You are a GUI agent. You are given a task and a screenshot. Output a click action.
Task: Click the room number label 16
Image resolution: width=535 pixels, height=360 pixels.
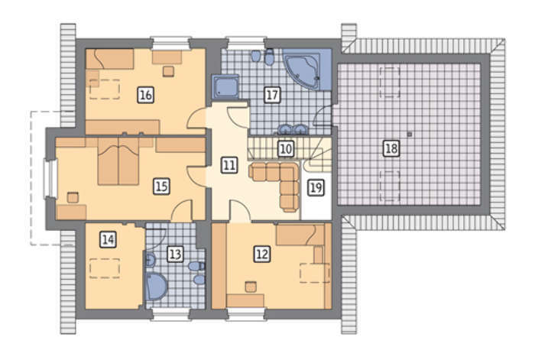(146, 95)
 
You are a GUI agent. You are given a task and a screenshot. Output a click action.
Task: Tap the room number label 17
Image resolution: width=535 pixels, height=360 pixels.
(272, 95)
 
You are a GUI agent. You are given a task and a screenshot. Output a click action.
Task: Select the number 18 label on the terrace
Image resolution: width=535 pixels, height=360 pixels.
(391, 148)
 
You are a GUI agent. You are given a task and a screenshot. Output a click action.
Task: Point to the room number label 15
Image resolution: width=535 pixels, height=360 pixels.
(161, 186)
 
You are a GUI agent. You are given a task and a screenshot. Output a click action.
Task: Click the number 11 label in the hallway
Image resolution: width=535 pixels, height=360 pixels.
(229, 165)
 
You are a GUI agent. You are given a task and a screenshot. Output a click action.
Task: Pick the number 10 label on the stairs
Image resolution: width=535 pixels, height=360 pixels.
(286, 149)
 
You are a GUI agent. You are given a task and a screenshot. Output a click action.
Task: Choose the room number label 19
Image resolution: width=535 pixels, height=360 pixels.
(316, 187)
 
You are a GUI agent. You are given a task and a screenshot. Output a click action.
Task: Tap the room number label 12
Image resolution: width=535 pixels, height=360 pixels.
(262, 254)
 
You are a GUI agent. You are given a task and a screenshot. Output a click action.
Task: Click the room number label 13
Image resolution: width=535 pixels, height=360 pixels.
(175, 254)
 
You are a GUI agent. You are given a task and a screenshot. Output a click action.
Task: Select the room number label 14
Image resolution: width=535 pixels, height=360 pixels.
(108, 239)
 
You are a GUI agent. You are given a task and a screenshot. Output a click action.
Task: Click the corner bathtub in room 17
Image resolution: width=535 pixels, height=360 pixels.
(303, 70)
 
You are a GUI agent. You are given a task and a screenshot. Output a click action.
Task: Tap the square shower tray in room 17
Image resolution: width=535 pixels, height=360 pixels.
(225, 86)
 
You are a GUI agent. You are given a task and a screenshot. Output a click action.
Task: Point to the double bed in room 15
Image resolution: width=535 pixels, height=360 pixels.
(118, 161)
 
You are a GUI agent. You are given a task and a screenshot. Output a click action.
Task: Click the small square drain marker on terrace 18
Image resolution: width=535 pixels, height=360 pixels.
(410, 135)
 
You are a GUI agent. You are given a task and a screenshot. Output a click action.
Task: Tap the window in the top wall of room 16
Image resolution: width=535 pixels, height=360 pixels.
(170, 43)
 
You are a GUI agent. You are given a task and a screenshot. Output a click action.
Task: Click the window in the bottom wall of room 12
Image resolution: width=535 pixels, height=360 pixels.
(246, 314)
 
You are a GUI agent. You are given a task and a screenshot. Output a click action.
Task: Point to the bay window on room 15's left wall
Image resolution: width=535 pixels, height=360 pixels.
(50, 179)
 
